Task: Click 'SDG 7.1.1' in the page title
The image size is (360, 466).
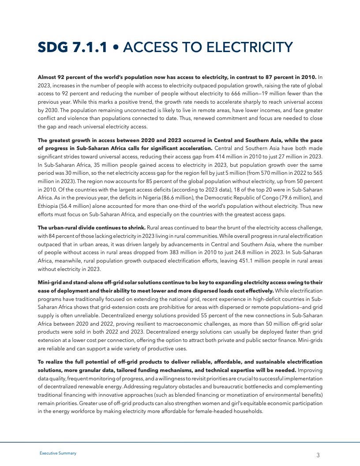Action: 72,48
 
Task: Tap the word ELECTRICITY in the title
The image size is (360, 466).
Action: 248,48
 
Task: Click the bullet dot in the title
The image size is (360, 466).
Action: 115,48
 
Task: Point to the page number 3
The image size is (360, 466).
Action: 318,455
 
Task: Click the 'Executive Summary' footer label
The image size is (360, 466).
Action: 58,453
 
